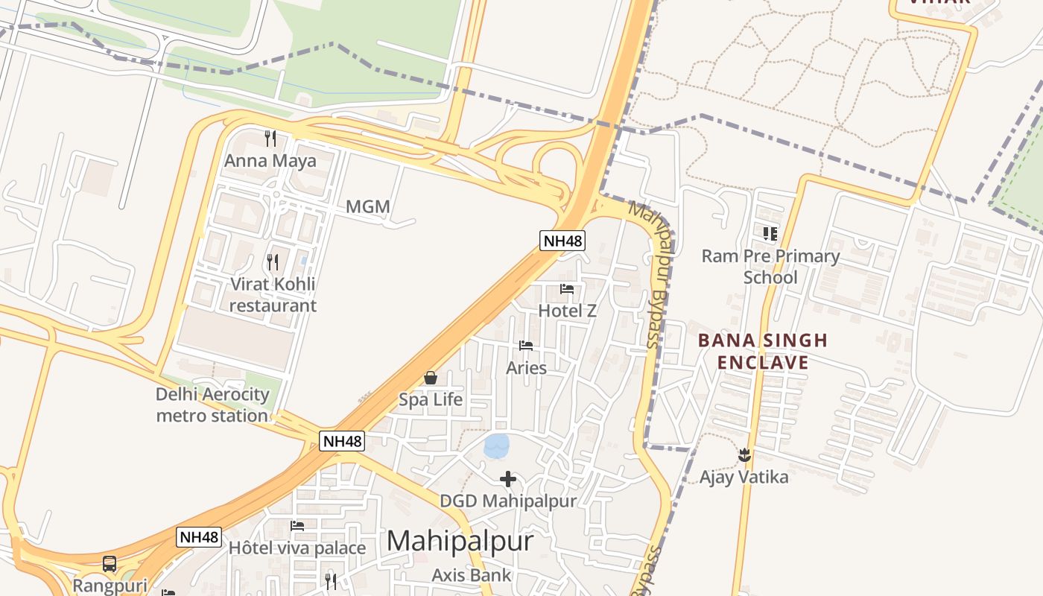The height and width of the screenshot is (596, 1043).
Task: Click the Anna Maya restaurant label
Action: [x=270, y=161]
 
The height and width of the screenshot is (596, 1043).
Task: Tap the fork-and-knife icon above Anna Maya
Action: [x=270, y=138]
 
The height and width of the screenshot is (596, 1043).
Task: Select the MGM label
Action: [x=368, y=206]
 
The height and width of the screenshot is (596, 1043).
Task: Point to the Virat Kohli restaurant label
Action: [x=273, y=294]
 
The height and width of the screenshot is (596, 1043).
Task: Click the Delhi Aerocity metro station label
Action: [x=212, y=405]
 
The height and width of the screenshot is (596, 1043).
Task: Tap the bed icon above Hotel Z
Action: [x=567, y=288]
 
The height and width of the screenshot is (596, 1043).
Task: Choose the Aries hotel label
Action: [x=526, y=367]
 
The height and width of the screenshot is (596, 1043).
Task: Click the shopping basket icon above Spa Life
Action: [x=431, y=378]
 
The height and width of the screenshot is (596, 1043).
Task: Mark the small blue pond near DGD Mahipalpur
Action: [x=497, y=446]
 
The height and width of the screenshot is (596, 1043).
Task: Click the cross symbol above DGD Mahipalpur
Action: [x=508, y=478]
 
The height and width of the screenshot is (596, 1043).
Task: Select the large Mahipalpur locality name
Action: [x=460, y=541]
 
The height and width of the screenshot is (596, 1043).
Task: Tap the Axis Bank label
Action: [x=472, y=575]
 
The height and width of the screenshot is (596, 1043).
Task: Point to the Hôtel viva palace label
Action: [x=297, y=548]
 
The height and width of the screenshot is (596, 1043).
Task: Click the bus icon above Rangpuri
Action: [x=110, y=564]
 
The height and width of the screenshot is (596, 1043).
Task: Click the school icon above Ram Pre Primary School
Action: [x=770, y=234]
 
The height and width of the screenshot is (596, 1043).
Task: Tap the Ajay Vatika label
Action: [x=744, y=477]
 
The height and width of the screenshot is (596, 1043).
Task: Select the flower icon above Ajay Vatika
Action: [x=744, y=454]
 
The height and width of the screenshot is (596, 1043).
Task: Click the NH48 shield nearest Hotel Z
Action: [x=562, y=241]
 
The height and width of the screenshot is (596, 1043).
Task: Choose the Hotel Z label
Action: [x=567, y=311]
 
